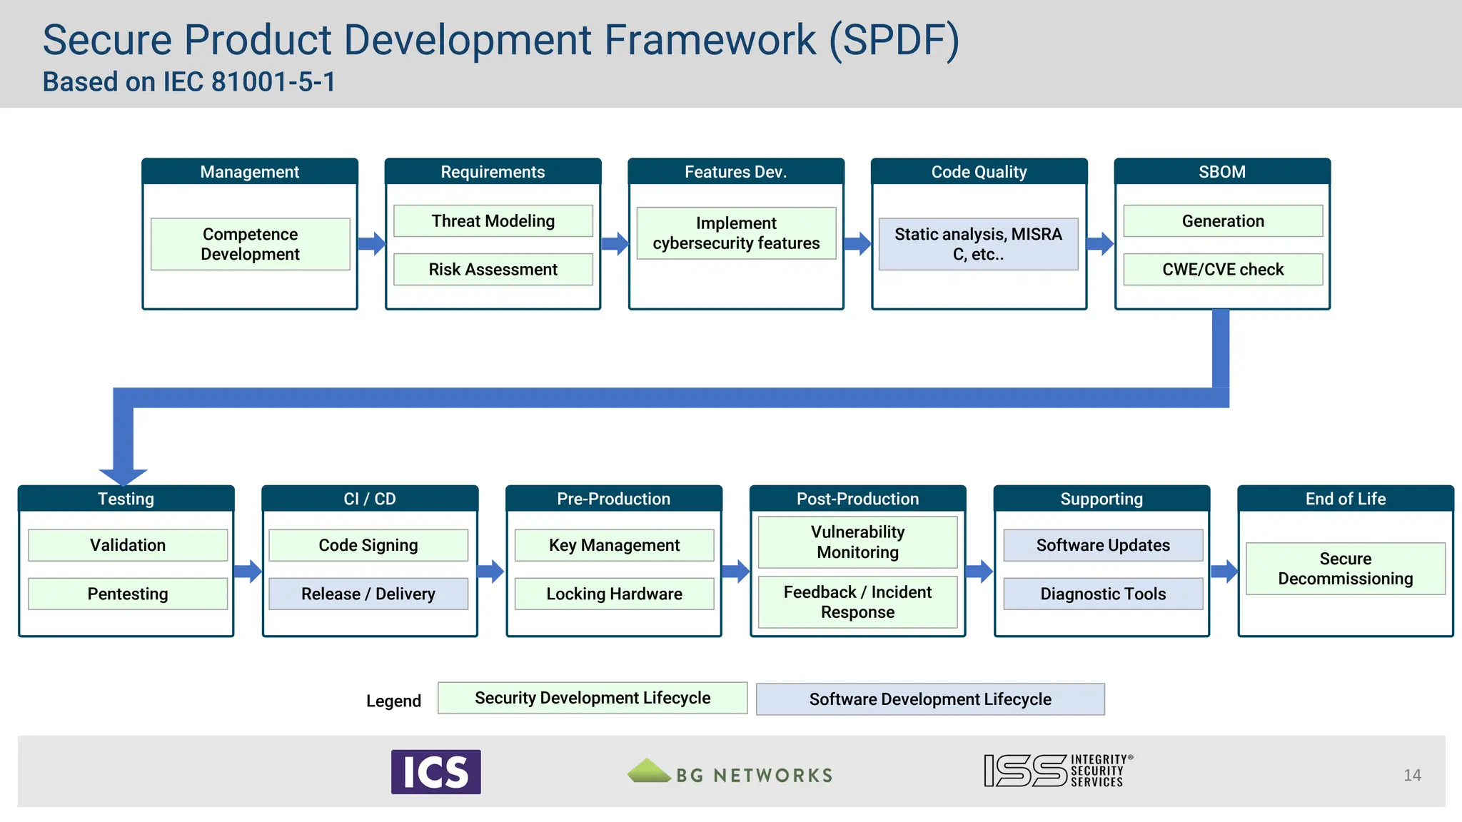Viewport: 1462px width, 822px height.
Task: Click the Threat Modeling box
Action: pyautogui.click(x=493, y=221)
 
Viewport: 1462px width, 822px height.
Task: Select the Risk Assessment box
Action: pyautogui.click(x=493, y=270)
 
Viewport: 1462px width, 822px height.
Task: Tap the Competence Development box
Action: pyautogui.click(x=250, y=244)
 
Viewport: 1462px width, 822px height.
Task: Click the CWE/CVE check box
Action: pyautogui.click(x=1222, y=270)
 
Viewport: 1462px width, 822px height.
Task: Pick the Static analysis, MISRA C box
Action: pyautogui.click(x=978, y=244)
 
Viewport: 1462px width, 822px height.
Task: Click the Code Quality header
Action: pyautogui.click(x=979, y=172)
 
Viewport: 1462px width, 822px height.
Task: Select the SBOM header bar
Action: pyautogui.click(x=1222, y=172)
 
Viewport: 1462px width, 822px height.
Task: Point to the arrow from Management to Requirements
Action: pyautogui.click(x=372, y=244)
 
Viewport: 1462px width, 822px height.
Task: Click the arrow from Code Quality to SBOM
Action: pyautogui.click(x=1100, y=244)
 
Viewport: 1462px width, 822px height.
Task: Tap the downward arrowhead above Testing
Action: pyautogui.click(x=123, y=476)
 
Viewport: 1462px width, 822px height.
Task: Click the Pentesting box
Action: pyautogui.click(x=128, y=594)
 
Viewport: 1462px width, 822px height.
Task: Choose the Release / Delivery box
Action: pyautogui.click(x=368, y=594)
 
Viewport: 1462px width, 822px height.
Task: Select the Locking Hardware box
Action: pyautogui.click(x=614, y=594)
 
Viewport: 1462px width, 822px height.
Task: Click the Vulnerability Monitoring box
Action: pyautogui.click(x=857, y=542)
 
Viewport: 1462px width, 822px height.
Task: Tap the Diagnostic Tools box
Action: pyautogui.click(x=1103, y=594)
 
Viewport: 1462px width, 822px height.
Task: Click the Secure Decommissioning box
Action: pyautogui.click(x=1345, y=569)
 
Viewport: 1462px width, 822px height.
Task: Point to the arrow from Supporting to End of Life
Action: pyautogui.click(x=1224, y=571)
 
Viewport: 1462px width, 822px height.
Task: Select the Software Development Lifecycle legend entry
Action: pyautogui.click(x=930, y=699)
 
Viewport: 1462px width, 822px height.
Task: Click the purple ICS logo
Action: pyautogui.click(x=435, y=772)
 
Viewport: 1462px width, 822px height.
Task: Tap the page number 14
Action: pyautogui.click(x=1412, y=776)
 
